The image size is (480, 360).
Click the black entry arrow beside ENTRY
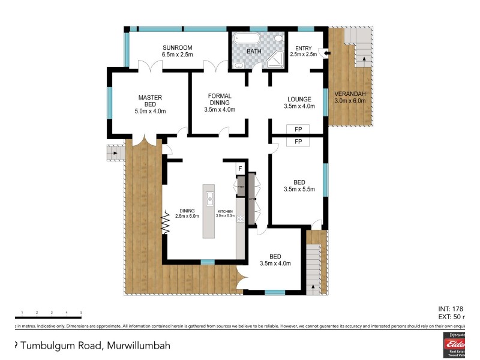point(325,53)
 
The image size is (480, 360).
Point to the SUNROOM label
point(177,47)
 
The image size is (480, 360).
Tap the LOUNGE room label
point(299,100)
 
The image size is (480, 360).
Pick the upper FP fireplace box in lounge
point(298,129)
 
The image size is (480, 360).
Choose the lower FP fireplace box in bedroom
point(298,142)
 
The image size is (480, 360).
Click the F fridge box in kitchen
point(240,169)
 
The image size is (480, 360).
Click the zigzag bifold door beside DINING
point(164,223)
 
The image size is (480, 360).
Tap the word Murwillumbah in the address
point(140,345)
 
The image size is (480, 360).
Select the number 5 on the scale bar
point(81,313)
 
